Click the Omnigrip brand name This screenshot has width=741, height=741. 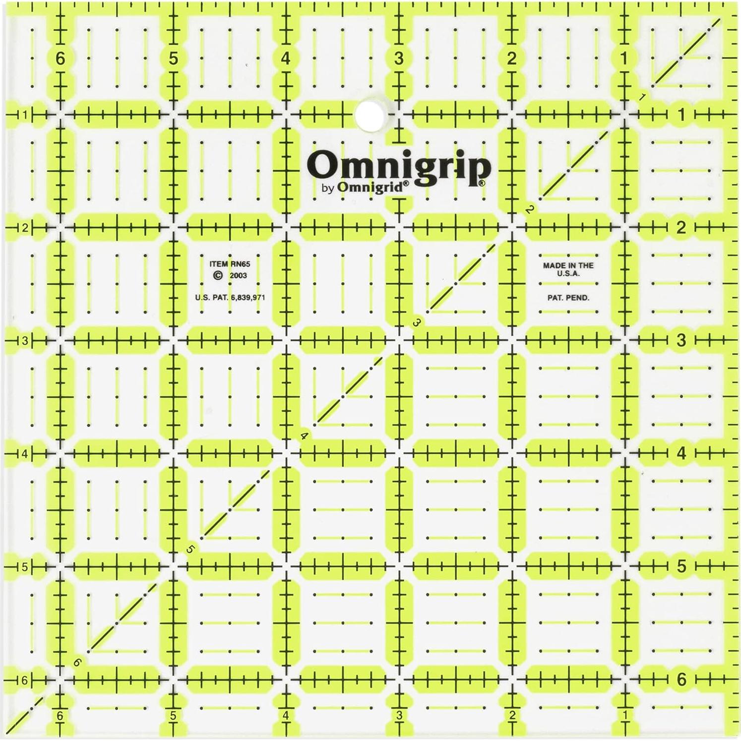(x=399, y=166)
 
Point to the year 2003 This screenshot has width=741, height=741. (x=238, y=276)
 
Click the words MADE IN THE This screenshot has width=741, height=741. (x=568, y=265)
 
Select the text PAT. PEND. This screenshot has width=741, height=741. (x=568, y=298)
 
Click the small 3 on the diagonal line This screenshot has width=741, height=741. (x=417, y=323)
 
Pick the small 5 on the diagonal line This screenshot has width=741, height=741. (x=190, y=549)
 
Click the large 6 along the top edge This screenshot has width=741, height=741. (x=60, y=59)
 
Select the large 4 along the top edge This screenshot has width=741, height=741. (x=286, y=59)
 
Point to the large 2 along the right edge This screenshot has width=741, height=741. (x=681, y=227)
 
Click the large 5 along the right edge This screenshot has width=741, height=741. (x=681, y=566)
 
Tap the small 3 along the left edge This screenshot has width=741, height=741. (x=24, y=341)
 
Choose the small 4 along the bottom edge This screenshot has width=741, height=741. (x=286, y=716)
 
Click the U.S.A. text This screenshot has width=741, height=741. (x=568, y=273)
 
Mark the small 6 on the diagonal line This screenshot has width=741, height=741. (x=77, y=662)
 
